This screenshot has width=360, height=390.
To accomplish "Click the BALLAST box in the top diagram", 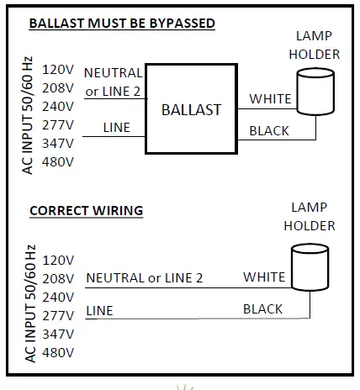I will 193,109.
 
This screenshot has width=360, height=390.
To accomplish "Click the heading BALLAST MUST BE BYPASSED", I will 122,23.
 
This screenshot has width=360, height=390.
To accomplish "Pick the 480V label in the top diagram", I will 59,161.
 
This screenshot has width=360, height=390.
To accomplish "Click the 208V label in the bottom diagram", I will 59,278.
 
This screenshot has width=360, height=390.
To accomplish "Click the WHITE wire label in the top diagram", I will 269,99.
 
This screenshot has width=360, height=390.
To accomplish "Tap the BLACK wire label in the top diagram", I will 269,131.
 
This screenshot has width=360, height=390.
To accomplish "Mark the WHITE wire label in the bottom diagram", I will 264,277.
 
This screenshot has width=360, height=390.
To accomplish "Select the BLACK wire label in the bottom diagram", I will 262,309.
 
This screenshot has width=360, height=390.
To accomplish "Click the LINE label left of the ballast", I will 116,128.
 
